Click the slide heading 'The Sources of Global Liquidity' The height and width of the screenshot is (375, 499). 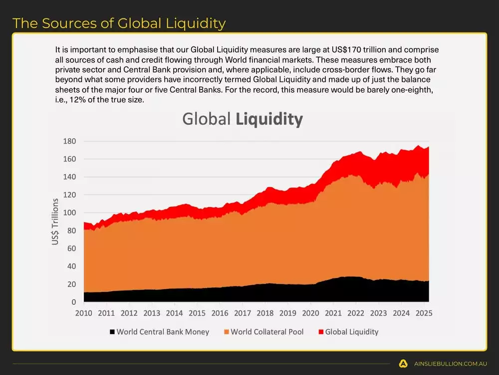tap(119, 23)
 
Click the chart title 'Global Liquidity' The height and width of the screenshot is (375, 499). tap(243, 119)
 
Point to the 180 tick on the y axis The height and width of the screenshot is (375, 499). tap(69, 141)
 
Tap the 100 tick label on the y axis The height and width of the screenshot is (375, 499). tap(69, 213)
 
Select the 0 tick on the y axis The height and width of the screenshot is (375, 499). tap(73, 302)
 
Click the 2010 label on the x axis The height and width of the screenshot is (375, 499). tap(83, 313)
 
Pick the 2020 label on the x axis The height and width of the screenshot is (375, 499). tap(310, 313)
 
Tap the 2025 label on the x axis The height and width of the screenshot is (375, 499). tap(424, 313)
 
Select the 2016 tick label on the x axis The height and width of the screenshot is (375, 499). tap(220, 313)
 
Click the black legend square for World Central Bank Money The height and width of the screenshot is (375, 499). tap(112, 332)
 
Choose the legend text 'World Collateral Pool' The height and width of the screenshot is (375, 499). tap(267, 332)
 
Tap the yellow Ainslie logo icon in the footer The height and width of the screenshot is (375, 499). tap(403, 363)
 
